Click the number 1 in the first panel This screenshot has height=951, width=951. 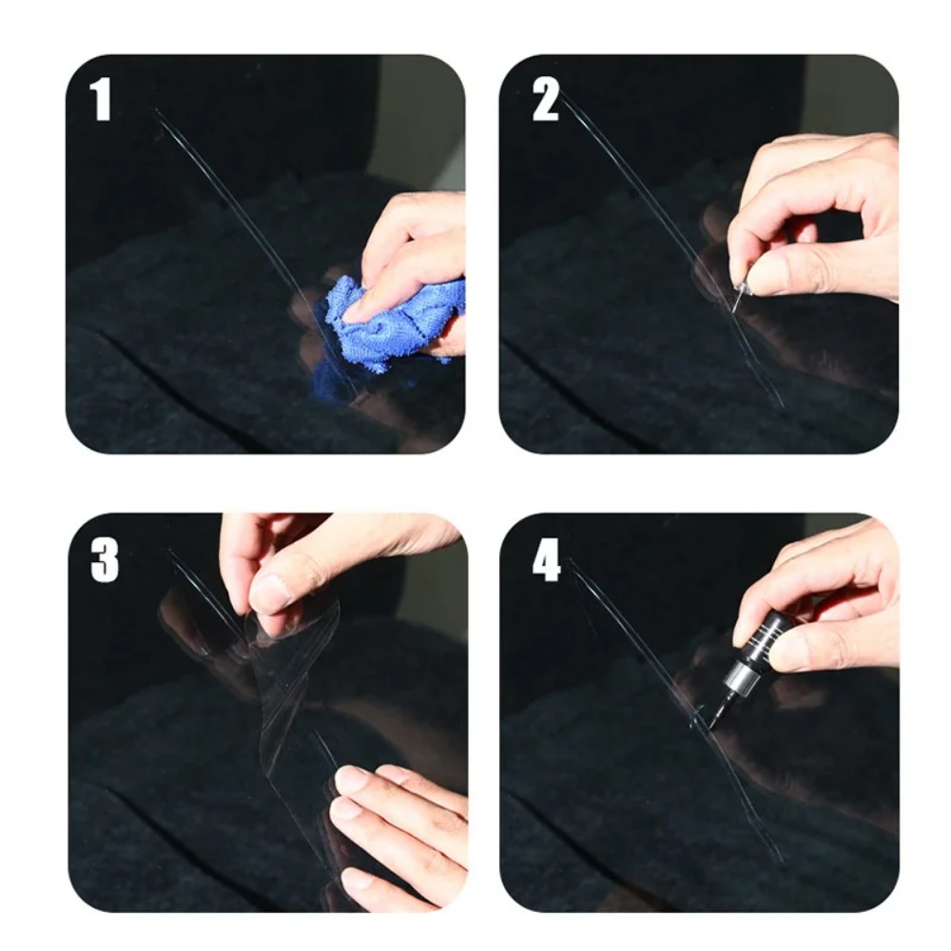101,100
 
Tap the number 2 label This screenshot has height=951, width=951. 545,100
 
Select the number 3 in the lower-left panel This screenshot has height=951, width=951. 104,562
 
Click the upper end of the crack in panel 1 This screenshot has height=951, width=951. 158,112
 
